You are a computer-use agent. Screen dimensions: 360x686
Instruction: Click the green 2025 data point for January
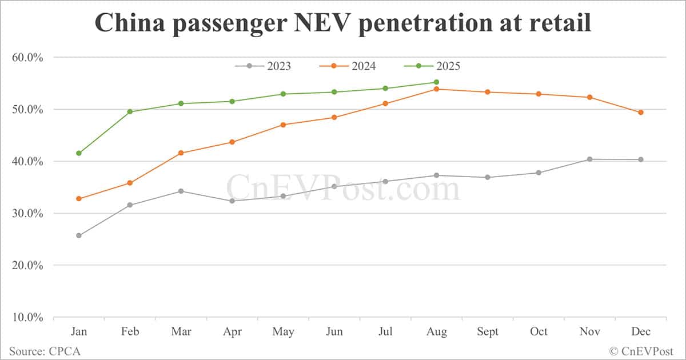pyautogui.click(x=79, y=153)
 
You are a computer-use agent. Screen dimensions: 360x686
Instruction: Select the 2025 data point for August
pyautogui.click(x=437, y=82)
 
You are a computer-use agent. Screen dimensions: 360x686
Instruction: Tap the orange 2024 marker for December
pyautogui.click(x=641, y=113)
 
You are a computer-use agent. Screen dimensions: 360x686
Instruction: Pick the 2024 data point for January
pyautogui.click(x=79, y=199)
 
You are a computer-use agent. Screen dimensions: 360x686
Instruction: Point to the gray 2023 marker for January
pyautogui.click(x=79, y=235)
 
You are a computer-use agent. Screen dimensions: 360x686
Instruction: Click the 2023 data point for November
pyautogui.click(x=590, y=159)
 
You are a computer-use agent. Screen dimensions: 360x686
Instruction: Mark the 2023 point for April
pyautogui.click(x=232, y=201)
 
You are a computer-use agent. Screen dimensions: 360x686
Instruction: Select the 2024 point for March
pyautogui.click(x=181, y=153)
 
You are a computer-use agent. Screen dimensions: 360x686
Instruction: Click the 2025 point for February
pyautogui.click(x=130, y=111)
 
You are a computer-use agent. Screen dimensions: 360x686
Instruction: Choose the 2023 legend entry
pyautogui.click(x=263, y=66)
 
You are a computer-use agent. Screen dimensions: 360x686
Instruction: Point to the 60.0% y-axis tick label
pyautogui.click(x=28, y=57)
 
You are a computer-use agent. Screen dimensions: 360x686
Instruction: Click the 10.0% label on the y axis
pyautogui.click(x=28, y=318)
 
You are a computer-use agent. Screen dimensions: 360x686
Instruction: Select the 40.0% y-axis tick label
pyautogui.click(x=28, y=162)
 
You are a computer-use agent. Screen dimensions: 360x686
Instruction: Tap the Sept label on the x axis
pyautogui.click(x=488, y=332)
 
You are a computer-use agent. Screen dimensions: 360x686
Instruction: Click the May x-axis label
pyautogui.click(x=283, y=332)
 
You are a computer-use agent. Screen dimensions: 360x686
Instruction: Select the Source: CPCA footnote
pyautogui.click(x=45, y=351)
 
